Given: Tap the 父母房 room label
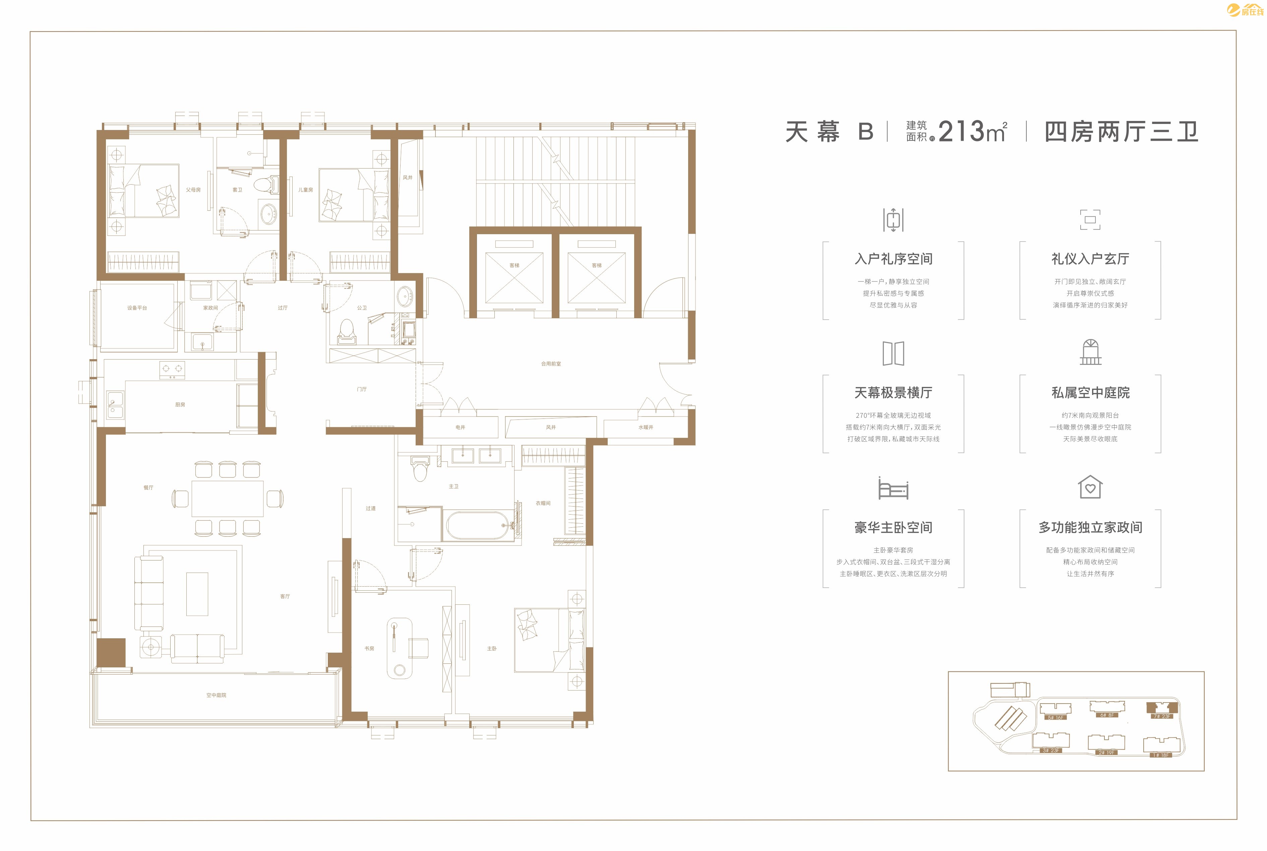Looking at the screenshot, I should point(193,190).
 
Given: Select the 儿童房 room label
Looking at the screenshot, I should point(306,190).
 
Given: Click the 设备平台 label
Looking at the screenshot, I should point(137,308).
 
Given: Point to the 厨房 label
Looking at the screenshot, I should point(180,404).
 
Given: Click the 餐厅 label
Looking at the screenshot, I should point(148,487).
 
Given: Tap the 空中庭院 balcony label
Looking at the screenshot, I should point(216,695).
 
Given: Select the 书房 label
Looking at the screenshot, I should point(369,649).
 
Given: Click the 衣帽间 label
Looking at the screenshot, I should point(543,503).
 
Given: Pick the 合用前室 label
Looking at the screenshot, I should point(551,364).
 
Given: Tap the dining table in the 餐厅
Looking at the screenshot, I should point(228,498).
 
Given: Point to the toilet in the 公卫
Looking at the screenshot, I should point(346,331).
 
